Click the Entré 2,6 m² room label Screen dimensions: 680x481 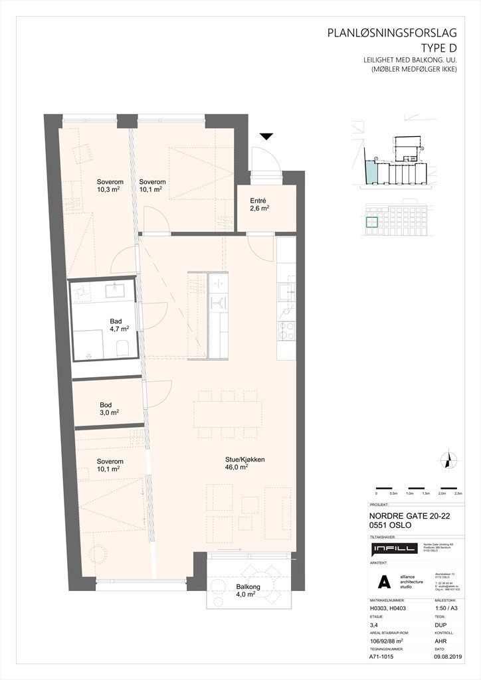point(258,203)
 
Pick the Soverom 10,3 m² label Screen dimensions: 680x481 point(108,185)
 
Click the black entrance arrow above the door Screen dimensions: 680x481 point(266,137)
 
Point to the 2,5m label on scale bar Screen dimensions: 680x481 point(458,494)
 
